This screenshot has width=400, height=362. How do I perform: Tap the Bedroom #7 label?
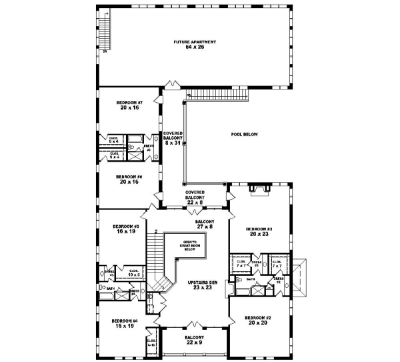pyautogui.click(x=126, y=105)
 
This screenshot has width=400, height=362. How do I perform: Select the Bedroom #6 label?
pyautogui.click(x=126, y=178)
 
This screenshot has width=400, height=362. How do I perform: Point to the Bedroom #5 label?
pyautogui.click(x=125, y=228)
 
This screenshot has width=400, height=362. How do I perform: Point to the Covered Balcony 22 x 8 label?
pyautogui.click(x=195, y=196)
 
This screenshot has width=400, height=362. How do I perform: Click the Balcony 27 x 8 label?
pyautogui.click(x=204, y=224)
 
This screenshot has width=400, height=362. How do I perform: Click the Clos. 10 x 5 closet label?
pyautogui.click(x=133, y=272)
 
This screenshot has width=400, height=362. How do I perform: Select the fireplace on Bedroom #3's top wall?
pyautogui.click(x=259, y=192)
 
